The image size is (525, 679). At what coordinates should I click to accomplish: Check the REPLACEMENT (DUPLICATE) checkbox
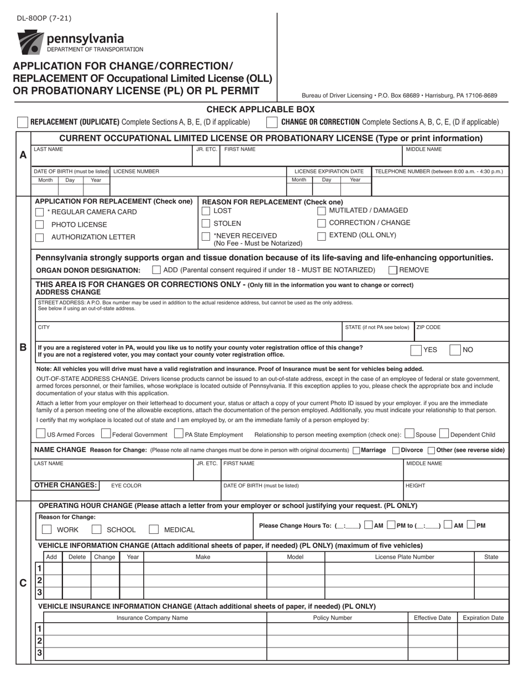pos(23,122)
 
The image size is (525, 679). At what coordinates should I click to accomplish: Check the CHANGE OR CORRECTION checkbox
pos(272,122)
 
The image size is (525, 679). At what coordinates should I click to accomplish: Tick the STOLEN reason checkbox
pos(206,224)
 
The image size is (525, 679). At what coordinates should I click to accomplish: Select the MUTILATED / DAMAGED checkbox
pos(322,211)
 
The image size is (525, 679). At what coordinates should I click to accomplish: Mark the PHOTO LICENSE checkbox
pos(40,225)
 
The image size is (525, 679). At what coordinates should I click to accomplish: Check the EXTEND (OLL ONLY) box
pos(322,236)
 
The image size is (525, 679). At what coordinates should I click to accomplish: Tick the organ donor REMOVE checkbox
pos(393,270)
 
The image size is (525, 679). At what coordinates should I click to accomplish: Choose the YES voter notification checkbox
pos(416,350)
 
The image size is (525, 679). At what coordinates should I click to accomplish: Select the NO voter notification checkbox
pos(455,350)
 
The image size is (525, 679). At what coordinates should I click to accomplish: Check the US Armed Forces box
pos(41,434)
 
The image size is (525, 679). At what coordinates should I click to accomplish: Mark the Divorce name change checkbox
pos(396,450)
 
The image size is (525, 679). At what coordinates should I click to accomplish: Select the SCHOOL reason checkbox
pos(97,529)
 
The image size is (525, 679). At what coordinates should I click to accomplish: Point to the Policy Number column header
pos(332,618)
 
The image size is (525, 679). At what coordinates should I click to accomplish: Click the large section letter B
pos(23,348)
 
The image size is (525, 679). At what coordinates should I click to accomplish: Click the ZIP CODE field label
pos(428,327)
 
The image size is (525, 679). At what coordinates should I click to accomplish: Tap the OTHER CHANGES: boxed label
pos(66,485)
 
